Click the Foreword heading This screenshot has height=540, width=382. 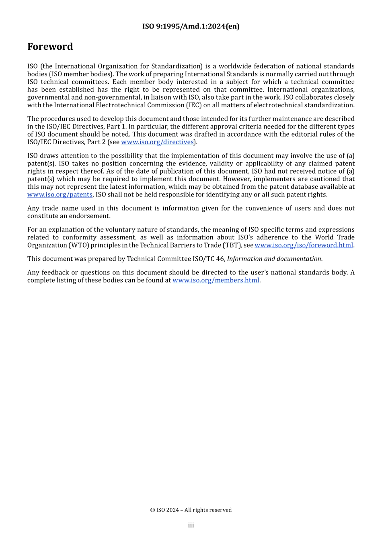(50, 47)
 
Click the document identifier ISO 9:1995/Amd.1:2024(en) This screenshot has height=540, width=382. (191, 27)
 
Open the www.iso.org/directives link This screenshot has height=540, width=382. (157, 142)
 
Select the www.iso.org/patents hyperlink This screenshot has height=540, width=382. (60, 195)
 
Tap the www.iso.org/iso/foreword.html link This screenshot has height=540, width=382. (304, 245)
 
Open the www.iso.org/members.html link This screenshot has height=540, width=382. (216, 280)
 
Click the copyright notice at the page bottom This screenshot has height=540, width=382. (191, 510)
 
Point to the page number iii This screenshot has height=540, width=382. (191, 525)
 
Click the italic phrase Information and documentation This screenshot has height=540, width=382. (274, 259)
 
